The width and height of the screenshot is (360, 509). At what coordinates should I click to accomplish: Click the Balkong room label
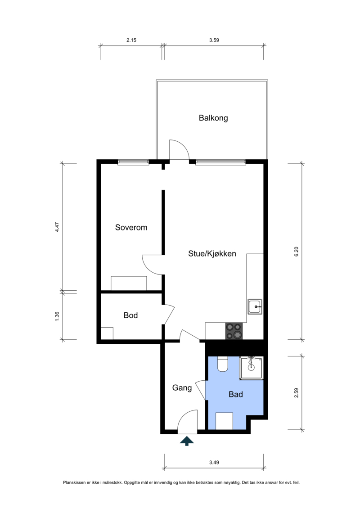tap(213, 118)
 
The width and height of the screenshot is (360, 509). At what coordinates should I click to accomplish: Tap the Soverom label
tap(131, 227)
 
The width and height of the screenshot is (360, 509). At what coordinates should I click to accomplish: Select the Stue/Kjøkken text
tap(212, 253)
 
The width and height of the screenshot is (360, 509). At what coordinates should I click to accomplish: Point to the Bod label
tap(130, 315)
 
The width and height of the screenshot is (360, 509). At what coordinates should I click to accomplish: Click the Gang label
tap(182, 388)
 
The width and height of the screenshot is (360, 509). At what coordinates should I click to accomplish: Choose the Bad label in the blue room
tap(236, 394)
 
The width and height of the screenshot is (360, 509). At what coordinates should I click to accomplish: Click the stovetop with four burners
tap(234, 331)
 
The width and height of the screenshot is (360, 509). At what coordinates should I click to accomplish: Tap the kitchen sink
tap(255, 307)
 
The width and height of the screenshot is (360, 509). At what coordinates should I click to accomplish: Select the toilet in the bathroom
tap(223, 364)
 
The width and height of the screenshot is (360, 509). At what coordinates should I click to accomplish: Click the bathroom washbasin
tap(251, 368)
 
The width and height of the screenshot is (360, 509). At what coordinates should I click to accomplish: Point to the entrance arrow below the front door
tap(187, 441)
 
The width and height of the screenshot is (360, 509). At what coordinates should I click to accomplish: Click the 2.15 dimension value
tap(131, 40)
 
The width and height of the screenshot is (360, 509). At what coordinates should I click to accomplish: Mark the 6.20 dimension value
tap(296, 252)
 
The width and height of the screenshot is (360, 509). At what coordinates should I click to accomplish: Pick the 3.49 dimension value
tap(214, 462)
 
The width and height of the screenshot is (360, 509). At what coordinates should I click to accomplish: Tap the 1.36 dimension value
tap(57, 316)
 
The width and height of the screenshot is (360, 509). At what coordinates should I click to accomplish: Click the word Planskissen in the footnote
tap(74, 483)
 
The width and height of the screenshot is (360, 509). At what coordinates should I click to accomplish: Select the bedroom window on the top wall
tap(133, 162)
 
